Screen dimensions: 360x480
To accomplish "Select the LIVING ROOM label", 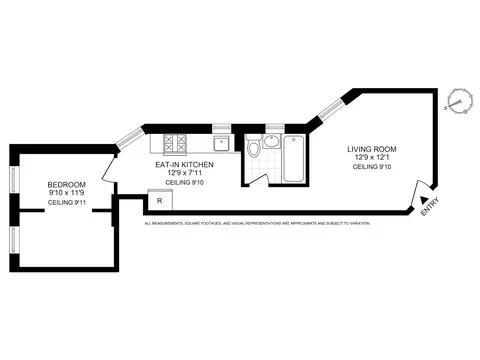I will (x=372, y=148).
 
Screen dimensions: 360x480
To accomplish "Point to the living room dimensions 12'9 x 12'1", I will (x=372, y=157).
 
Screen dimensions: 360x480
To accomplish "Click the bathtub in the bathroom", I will (x=294, y=159).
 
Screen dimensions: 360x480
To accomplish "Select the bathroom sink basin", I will (x=273, y=140).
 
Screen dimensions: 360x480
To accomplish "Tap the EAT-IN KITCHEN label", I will (x=179, y=163).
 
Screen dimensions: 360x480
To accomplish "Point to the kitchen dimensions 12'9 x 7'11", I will (x=179, y=172).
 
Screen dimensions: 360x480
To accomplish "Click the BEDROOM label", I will (x=66, y=184).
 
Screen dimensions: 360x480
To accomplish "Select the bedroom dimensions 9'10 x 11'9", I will (x=66, y=192).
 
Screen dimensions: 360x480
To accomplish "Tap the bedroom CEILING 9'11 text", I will (x=66, y=204).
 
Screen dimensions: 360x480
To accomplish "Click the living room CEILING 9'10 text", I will (x=372, y=167).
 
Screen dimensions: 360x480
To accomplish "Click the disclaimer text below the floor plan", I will (x=257, y=223).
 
